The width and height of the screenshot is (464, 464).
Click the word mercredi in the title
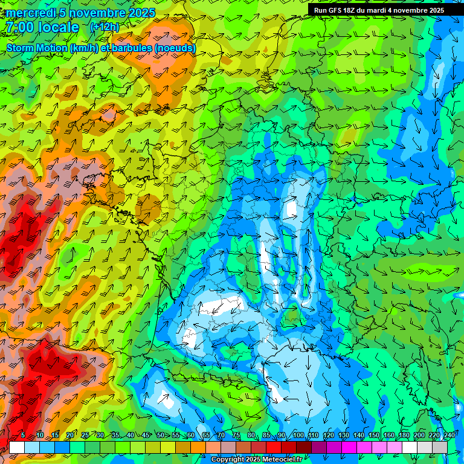(x=28, y=13)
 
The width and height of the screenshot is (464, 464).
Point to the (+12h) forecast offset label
(x=105, y=27)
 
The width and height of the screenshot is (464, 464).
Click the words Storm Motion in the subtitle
(x=36, y=48)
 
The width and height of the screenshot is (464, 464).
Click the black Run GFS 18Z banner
(x=379, y=10)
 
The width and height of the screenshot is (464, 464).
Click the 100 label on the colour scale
(x=298, y=436)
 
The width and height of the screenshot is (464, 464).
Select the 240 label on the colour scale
(x=449, y=436)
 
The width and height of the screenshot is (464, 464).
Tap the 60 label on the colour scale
(x=191, y=436)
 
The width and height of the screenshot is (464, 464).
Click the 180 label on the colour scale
(x=404, y=436)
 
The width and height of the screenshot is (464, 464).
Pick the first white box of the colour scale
(x=17, y=447)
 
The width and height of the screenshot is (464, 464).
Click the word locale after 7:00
(x=58, y=28)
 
